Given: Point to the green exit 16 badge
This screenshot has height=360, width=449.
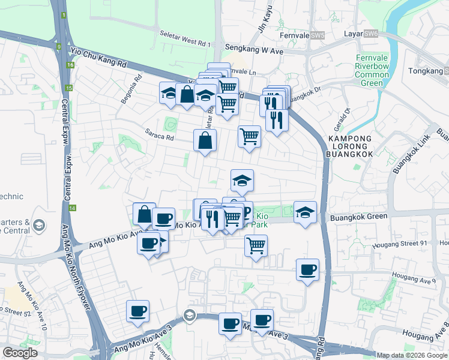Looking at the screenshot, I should click(x=70, y=64).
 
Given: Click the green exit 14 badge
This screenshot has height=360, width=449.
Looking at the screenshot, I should click(x=72, y=208).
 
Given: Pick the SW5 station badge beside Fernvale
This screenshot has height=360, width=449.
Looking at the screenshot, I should click(x=318, y=35).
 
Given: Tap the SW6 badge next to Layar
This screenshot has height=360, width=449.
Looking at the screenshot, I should click(x=371, y=34).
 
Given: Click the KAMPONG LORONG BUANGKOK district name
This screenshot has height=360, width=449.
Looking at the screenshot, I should click(x=351, y=146).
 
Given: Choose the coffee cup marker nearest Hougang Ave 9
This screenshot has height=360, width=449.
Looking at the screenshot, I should click(x=307, y=270).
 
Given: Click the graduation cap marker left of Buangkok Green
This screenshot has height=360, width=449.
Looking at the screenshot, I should click(x=305, y=212).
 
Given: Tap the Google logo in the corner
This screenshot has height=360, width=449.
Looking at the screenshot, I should click(x=20, y=353).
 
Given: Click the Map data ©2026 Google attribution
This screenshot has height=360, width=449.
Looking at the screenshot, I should click(x=412, y=355).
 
